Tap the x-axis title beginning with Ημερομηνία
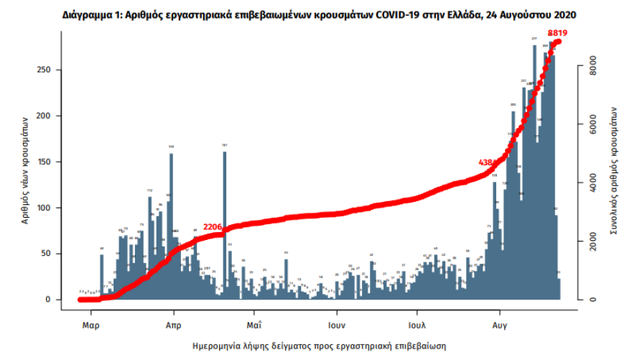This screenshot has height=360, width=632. [x=320, y=346]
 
